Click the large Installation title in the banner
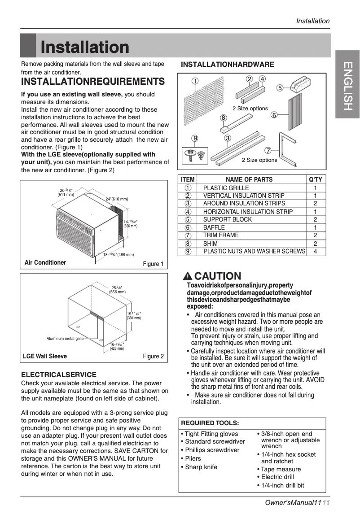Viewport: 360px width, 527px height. tap(85, 47)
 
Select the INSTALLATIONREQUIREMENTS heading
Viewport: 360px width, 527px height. tap(93, 82)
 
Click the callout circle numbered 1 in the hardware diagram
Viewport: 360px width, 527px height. tap(195, 81)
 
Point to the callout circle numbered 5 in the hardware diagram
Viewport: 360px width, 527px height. tap(280, 88)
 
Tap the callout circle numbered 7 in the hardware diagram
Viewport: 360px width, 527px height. tap(268, 150)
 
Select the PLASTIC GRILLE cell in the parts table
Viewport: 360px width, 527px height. tap(226, 188)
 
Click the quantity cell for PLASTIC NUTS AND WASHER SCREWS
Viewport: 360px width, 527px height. tap(316, 252)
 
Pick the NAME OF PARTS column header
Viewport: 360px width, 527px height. tap(249, 179)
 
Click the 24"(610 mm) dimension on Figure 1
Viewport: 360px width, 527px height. tap(117, 199)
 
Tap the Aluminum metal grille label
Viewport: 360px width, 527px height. tap(65, 339)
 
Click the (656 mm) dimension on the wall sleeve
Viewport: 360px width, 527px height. tap(118, 292)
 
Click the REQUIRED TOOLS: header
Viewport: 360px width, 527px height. tap(210, 423)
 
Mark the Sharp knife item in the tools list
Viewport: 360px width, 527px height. tap(201, 467)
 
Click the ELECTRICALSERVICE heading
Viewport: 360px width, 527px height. tap(59, 375)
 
